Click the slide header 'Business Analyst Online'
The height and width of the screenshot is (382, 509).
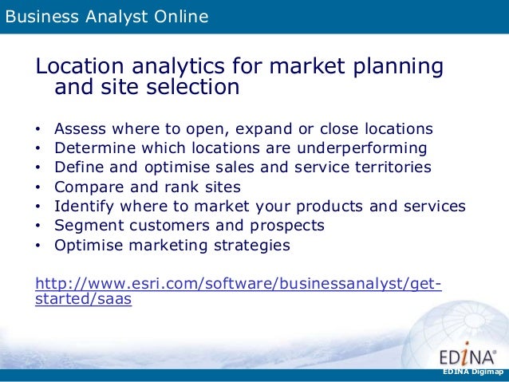point(107,15)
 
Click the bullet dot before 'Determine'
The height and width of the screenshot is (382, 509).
point(39,148)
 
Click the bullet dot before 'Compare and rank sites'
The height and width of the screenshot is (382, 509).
point(39,187)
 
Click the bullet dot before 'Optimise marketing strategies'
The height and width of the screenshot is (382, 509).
point(39,246)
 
